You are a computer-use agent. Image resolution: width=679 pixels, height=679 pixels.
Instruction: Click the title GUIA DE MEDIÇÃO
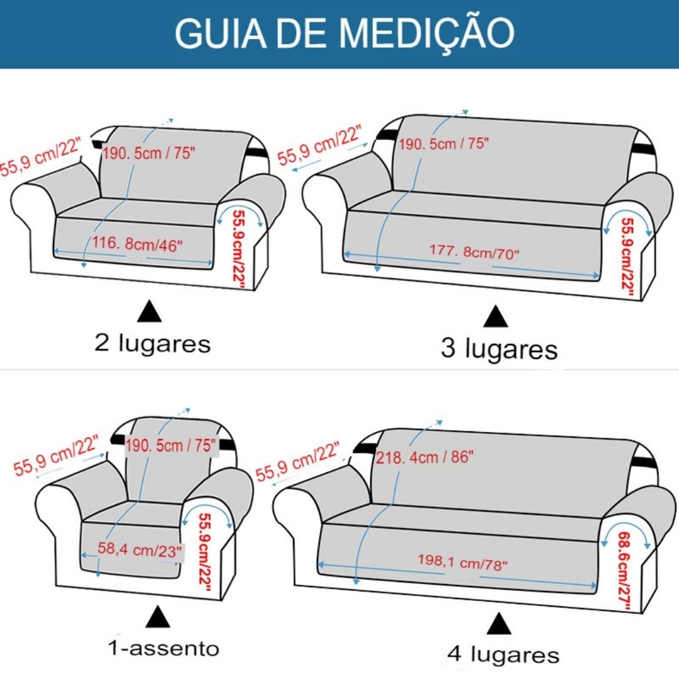coord(345,33)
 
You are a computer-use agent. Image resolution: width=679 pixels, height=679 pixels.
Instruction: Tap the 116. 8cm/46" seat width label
coord(137,244)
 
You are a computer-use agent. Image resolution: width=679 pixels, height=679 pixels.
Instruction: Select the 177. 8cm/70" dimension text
coord(474,251)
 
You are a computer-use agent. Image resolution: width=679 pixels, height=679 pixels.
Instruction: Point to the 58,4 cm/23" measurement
coord(139,550)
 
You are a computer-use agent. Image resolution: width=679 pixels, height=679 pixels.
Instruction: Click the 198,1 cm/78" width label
coord(462,562)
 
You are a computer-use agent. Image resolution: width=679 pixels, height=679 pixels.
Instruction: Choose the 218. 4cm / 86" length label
coord(424,457)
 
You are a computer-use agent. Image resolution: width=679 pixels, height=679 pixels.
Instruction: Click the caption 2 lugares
coord(152,343)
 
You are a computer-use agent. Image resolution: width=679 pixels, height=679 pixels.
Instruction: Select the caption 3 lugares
coord(499,348)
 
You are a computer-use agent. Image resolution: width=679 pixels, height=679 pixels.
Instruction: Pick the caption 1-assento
coord(163,648)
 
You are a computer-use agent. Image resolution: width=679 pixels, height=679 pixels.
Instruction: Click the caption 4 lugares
coord(503,654)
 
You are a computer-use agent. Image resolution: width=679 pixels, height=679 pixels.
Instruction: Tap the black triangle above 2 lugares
coord(150,311)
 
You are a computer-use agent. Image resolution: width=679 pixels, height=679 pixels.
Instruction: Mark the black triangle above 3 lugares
coord(495,316)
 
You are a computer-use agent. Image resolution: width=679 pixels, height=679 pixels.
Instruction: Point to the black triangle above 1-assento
coord(158,617)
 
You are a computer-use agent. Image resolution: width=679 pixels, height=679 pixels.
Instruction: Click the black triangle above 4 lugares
coord(499,623)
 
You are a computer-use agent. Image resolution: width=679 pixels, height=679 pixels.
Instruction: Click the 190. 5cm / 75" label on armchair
coord(170,445)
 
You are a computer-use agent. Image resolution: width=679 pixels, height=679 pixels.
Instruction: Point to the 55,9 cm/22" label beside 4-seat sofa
coord(297,461)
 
